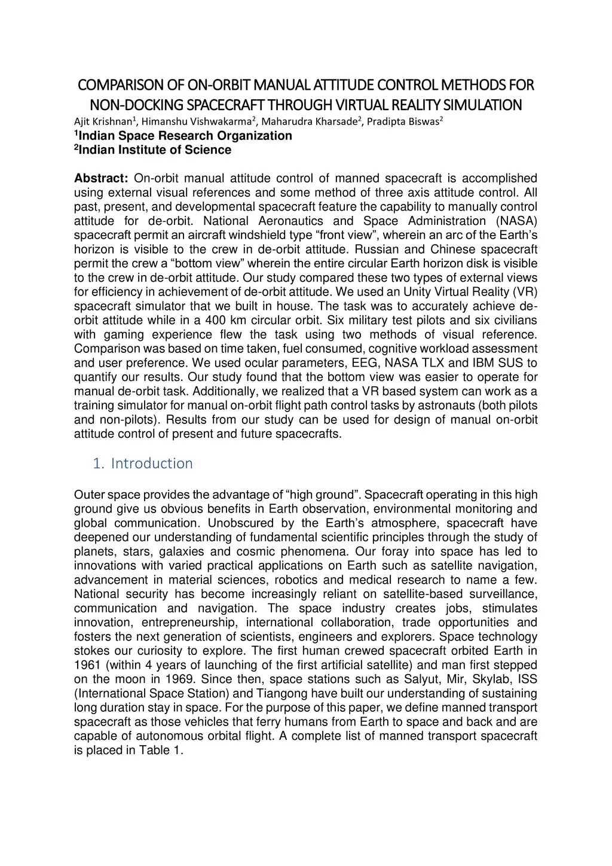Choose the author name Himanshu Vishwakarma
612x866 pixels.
(x=197, y=121)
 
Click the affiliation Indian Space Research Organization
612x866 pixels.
(x=185, y=136)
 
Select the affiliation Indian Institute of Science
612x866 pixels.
(x=155, y=150)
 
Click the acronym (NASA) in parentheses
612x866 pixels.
(x=516, y=221)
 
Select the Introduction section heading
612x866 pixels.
(x=152, y=464)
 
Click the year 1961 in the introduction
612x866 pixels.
(x=87, y=665)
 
